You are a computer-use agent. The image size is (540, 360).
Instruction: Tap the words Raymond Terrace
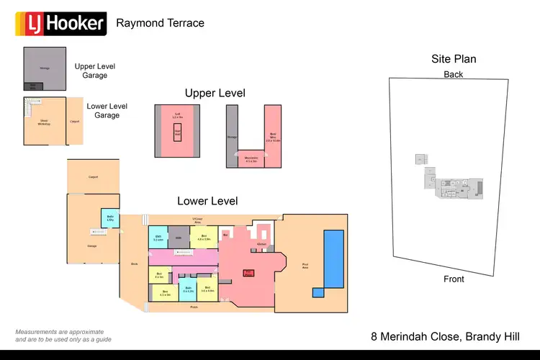pyautogui.click(x=160, y=23)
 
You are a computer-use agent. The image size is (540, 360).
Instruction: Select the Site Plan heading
pyautogui.click(x=454, y=59)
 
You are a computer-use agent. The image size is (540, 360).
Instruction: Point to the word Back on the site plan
pyautogui.click(x=454, y=74)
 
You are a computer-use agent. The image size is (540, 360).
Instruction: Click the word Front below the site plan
pyautogui.click(x=454, y=279)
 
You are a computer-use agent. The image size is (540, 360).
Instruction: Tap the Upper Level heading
pyautogui.click(x=215, y=93)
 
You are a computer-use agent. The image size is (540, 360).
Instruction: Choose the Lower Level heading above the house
pyautogui.click(x=207, y=201)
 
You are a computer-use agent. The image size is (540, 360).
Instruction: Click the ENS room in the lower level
pyautogui.click(x=157, y=237)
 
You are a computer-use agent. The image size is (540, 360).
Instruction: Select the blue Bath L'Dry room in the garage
pyautogui.click(x=111, y=217)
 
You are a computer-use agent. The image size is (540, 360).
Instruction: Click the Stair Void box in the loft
pyautogui.click(x=177, y=132)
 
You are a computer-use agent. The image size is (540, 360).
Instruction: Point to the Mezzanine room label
pyautogui.click(x=251, y=159)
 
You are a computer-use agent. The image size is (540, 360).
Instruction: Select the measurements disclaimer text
pyautogui.click(x=63, y=335)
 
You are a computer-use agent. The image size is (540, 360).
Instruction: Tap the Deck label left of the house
pyautogui.click(x=134, y=264)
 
